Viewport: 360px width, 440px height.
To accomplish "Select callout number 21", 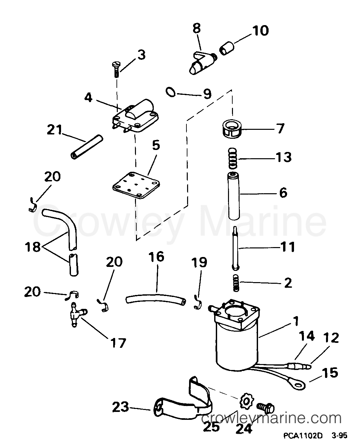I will tap(54, 130).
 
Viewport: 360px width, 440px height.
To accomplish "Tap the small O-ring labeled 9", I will tap(170, 92).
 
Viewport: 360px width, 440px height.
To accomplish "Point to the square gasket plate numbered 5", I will tap(134, 184).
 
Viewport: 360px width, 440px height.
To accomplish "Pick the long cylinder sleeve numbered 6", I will tap(234, 196).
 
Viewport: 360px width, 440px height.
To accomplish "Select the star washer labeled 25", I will tap(245, 401).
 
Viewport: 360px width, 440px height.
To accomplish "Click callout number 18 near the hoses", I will tap(33, 246).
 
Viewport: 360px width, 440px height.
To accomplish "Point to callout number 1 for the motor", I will tap(295, 320).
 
